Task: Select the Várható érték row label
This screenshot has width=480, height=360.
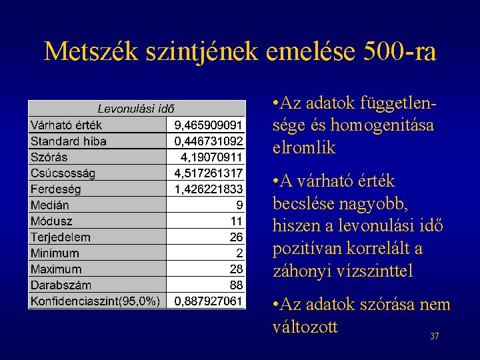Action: pyautogui.click(x=66, y=125)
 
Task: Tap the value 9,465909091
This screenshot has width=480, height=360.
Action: pyautogui.click(x=209, y=125)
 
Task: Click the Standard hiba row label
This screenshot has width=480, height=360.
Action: pyautogui.click(x=69, y=141)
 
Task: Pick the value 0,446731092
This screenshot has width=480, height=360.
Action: pyautogui.click(x=209, y=141)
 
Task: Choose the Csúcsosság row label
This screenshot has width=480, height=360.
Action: pyautogui.click(x=63, y=173)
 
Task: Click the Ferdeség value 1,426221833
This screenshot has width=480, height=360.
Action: pyautogui.click(x=209, y=189)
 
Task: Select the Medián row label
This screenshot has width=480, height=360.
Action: pyautogui.click(x=50, y=205)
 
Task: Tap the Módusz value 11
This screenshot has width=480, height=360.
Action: pyautogui.click(x=237, y=221)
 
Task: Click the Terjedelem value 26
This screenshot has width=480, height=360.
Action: pyautogui.click(x=236, y=237)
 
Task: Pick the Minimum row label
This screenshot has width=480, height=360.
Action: pyautogui.click(x=55, y=253)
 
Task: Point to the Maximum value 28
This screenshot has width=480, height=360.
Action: pyautogui.click(x=236, y=269)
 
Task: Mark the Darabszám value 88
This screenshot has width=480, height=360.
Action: pyautogui.click(x=236, y=285)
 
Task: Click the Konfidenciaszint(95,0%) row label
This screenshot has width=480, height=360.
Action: pyautogui.click(x=95, y=301)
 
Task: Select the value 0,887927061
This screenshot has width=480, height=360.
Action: pyautogui.click(x=209, y=301)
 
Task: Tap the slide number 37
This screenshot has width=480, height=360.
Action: pyautogui.click(x=435, y=337)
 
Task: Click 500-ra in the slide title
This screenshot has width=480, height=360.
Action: pyautogui.click(x=400, y=51)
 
